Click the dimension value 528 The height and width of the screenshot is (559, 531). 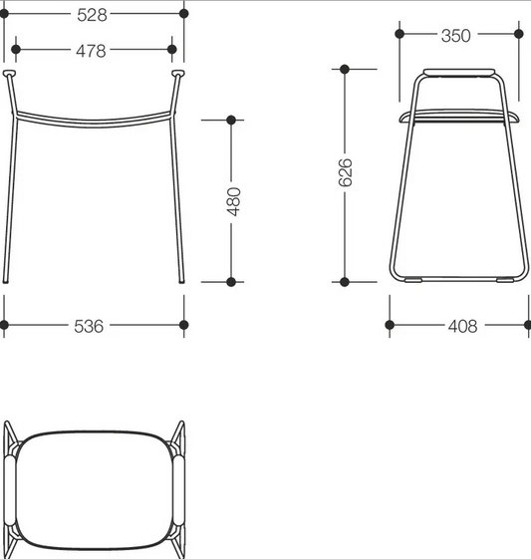(92, 15)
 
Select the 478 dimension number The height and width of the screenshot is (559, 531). (91, 51)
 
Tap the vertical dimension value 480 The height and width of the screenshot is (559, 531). (234, 201)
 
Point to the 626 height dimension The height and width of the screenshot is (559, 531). (345, 172)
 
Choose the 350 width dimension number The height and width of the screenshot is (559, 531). (456, 36)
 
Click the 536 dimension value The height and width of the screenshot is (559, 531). (89, 326)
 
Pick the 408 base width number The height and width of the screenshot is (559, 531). (462, 326)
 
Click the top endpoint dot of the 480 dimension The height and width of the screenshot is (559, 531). (231, 120)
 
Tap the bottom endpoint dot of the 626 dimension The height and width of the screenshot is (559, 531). (345, 282)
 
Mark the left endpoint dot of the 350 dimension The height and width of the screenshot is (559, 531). (399, 34)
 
